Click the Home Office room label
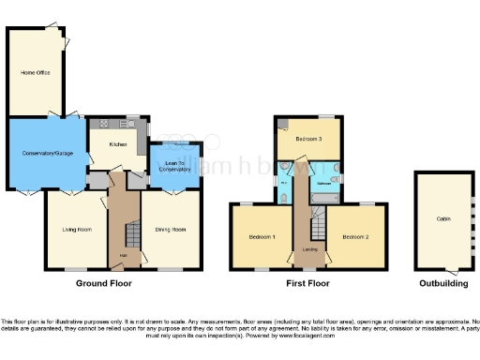(36, 72)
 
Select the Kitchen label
(117, 144)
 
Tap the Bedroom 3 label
(308, 139)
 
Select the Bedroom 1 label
(262, 237)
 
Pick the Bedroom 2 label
(355, 237)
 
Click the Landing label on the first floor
(307, 250)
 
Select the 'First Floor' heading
(308, 282)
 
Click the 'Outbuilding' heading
(442, 282)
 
